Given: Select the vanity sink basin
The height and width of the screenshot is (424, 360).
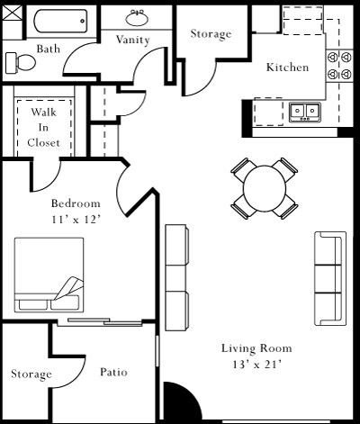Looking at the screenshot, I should click(x=139, y=19).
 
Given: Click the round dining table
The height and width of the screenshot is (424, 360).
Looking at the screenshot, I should click(x=265, y=188).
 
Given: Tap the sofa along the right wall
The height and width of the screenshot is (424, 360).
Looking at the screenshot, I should click(x=330, y=278).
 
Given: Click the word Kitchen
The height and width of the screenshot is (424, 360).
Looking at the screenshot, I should click(x=287, y=68).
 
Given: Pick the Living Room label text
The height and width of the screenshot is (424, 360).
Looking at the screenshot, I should click(x=256, y=348).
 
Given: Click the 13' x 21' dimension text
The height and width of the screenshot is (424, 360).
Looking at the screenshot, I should click(x=256, y=365).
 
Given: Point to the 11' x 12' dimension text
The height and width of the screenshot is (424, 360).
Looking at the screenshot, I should click(x=76, y=219).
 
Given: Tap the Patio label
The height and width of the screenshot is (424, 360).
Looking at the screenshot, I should click(x=112, y=372).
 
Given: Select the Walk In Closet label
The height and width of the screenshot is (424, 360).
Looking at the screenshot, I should click(x=44, y=127).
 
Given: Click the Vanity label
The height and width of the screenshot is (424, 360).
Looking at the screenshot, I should click(x=132, y=40).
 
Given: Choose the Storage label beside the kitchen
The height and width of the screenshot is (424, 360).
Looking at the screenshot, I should click(x=211, y=34).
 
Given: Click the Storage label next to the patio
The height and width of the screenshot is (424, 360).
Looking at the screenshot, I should click(x=31, y=374).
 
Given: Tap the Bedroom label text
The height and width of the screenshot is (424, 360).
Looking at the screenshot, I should click(x=76, y=203).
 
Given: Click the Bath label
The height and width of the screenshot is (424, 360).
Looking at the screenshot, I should click(x=48, y=49).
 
